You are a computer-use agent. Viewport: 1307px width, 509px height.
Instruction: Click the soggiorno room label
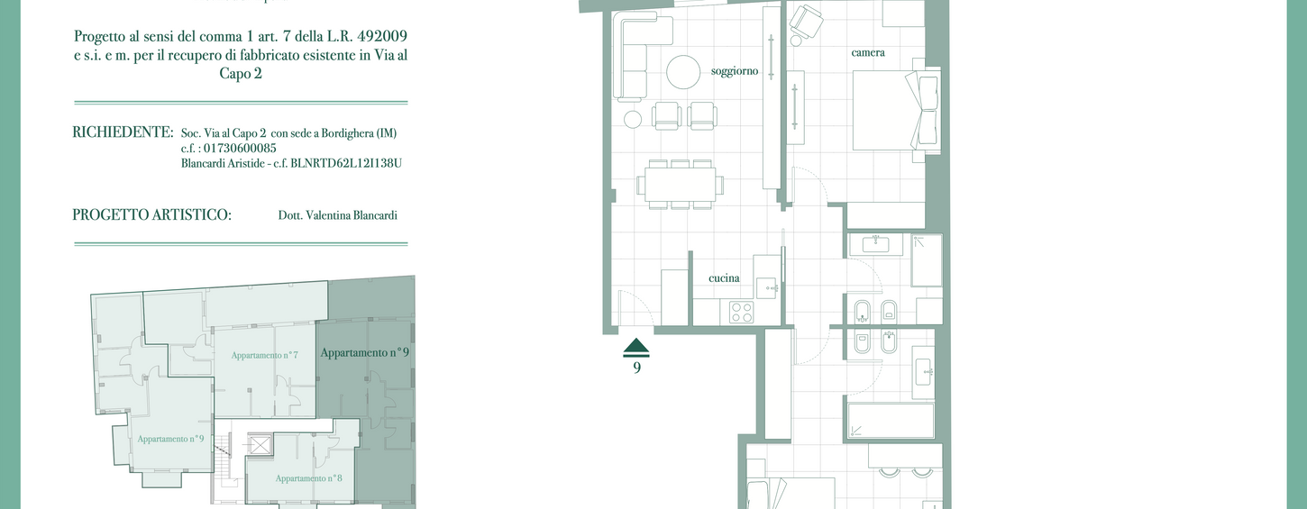(x=734, y=71)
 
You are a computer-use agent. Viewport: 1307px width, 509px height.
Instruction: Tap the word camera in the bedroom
(x=868, y=52)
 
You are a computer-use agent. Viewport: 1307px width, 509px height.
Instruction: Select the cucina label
(x=724, y=278)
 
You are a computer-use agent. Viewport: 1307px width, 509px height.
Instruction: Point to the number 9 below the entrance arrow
(x=636, y=368)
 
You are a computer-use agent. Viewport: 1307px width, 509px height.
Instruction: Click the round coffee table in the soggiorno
(x=683, y=72)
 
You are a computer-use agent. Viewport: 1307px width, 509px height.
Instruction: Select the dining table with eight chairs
(x=681, y=185)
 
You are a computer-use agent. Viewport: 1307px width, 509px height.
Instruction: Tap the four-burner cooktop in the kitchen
(x=742, y=312)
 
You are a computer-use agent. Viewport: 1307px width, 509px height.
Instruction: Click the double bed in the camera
(x=896, y=110)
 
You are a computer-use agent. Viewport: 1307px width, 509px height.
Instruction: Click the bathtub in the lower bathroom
(x=891, y=420)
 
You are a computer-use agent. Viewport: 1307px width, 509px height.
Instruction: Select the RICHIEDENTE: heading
(x=123, y=132)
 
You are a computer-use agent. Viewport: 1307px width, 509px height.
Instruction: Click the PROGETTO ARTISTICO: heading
(x=151, y=215)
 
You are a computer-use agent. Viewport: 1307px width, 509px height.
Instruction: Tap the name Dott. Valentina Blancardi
(x=337, y=215)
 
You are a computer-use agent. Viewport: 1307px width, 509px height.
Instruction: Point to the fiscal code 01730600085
(x=240, y=148)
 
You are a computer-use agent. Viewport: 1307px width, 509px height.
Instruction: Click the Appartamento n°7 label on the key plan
(x=265, y=354)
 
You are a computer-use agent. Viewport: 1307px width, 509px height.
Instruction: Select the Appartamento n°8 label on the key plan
(x=308, y=478)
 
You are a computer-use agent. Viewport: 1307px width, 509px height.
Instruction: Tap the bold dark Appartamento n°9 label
(x=365, y=353)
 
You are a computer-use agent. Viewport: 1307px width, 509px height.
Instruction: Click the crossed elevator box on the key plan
(x=260, y=445)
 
